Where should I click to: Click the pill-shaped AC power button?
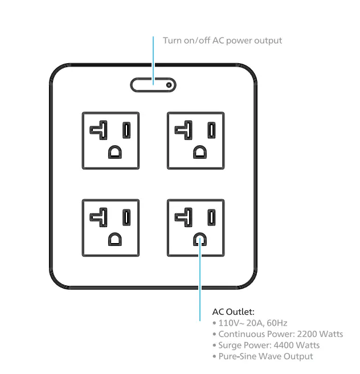tap(153, 85)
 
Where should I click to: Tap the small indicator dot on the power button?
tap(169, 85)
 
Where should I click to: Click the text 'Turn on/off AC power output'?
tap(222, 40)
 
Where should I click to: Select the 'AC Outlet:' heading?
tap(233, 312)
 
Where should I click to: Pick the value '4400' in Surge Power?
tap(282, 345)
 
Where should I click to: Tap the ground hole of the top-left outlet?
tap(114, 152)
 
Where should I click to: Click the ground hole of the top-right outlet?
tap(199, 152)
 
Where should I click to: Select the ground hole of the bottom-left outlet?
tap(114, 239)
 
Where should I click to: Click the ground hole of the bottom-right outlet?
tap(199, 239)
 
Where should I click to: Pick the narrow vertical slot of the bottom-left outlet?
tap(128, 217)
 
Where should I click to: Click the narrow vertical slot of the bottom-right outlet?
tap(212, 217)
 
